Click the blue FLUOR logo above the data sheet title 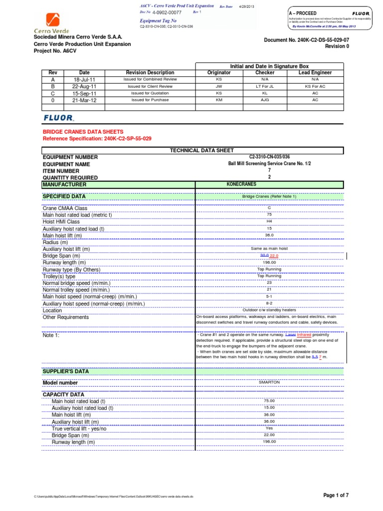[x=58, y=118]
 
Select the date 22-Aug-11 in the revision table [x=84, y=86]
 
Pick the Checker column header [x=265, y=73]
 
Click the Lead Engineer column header [x=315, y=73]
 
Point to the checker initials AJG [x=265, y=100]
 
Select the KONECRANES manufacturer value [x=242, y=184]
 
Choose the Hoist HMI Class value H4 [x=269, y=221]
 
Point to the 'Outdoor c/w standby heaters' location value [x=269, y=310]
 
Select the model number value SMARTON [x=269, y=382]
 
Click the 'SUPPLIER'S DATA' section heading [x=65, y=371]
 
